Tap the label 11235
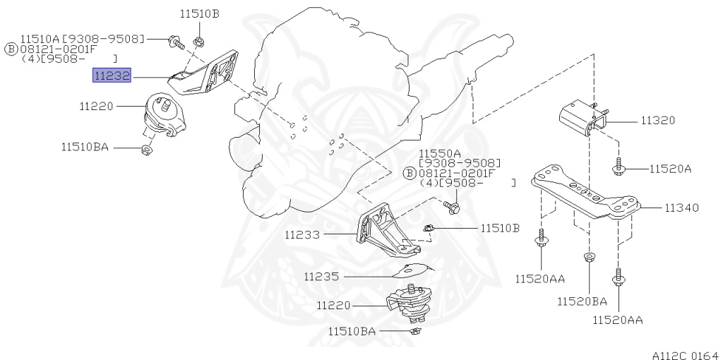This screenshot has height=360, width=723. pyautogui.click(x=322, y=277)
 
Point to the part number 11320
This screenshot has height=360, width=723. pyautogui.click(x=657, y=121)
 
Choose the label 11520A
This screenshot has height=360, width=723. pyautogui.click(x=670, y=169)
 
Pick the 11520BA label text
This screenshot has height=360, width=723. pyautogui.click(x=582, y=301)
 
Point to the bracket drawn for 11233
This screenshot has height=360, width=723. pyautogui.click(x=385, y=229)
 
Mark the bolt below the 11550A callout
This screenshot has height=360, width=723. pyautogui.click(x=453, y=208)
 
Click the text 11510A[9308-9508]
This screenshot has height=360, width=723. pyautogui.click(x=82, y=38)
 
